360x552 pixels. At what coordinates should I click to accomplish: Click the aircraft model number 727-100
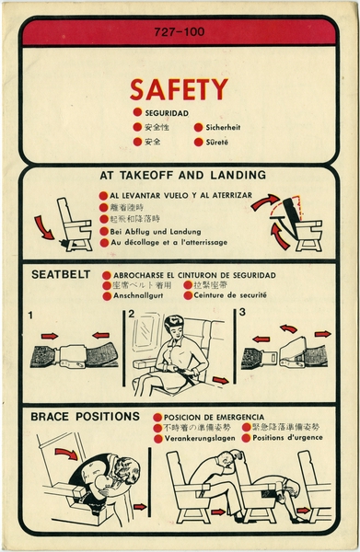pos(180,33)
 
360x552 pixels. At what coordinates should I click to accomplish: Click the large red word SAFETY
pos(178,89)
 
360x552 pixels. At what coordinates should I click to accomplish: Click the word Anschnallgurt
pos(141,296)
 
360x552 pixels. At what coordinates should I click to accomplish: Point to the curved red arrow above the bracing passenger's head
pos(66,452)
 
